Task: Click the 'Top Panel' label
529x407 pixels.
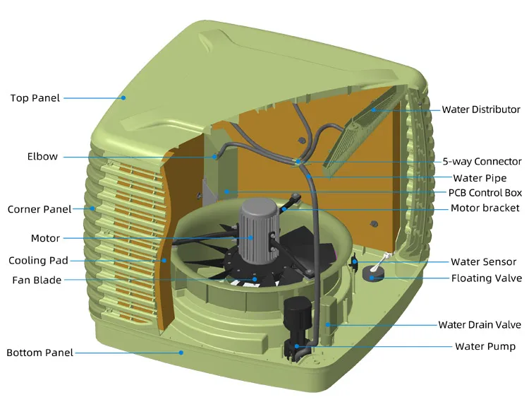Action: [x=35, y=98]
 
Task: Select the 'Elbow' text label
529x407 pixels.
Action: [x=42, y=156]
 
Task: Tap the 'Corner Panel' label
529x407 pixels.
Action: [x=39, y=209]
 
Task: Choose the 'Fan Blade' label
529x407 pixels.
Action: [x=37, y=280]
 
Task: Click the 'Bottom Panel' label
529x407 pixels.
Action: [x=39, y=353]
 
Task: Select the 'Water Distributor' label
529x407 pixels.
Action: [x=481, y=110]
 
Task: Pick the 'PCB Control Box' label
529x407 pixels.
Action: [x=485, y=192]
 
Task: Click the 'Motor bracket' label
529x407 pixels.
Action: [x=485, y=208]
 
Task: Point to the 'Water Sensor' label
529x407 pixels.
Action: [x=483, y=262]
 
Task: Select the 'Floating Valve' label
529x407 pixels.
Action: [x=486, y=278]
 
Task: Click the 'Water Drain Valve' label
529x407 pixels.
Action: [x=480, y=325]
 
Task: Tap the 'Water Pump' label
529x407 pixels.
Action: [x=485, y=346]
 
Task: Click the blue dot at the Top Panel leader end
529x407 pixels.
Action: [x=123, y=98]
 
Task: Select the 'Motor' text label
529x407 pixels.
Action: [x=45, y=238]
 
